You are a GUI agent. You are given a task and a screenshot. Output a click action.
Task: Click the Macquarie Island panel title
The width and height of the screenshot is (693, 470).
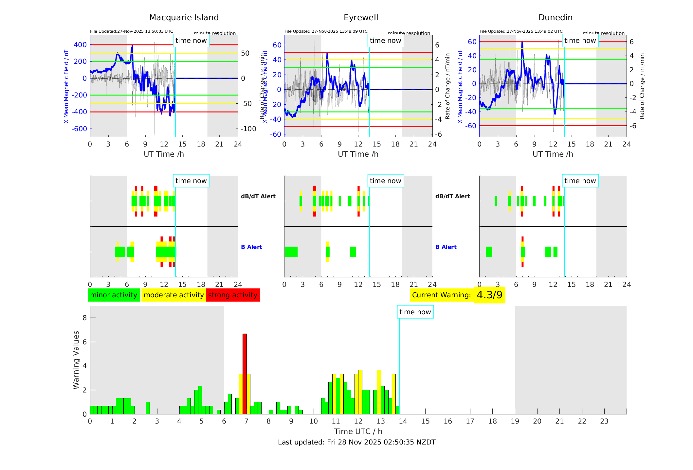(x=184, y=18)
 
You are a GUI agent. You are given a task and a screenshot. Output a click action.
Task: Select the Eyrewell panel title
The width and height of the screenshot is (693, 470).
(x=361, y=18)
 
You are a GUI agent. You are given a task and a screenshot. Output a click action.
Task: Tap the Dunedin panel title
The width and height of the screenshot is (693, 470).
(x=555, y=18)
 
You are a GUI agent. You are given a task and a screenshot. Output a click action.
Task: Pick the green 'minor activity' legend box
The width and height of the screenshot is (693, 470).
(x=114, y=295)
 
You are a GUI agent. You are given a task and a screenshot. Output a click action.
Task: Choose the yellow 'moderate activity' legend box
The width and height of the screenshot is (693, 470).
(x=173, y=295)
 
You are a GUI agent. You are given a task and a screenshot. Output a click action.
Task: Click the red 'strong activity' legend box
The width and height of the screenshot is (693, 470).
(x=233, y=295)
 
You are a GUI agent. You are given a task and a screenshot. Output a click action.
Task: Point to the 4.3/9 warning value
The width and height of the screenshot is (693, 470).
(x=489, y=295)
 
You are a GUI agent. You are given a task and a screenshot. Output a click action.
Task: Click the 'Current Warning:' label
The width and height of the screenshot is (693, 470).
(x=441, y=295)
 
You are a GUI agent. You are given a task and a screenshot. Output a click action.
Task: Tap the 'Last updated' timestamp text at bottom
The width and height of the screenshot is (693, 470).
(x=356, y=442)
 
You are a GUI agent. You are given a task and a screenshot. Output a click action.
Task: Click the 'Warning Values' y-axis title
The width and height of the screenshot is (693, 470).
(x=76, y=360)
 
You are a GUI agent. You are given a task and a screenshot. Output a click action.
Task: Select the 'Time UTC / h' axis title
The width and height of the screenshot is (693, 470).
(x=358, y=431)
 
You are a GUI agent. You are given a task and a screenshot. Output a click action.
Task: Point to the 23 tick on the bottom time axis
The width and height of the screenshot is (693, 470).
(x=604, y=421)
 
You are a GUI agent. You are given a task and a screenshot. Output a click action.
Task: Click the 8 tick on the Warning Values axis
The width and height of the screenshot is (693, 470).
(x=85, y=318)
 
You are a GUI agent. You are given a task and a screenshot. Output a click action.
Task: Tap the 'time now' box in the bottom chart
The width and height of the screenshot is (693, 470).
(x=415, y=312)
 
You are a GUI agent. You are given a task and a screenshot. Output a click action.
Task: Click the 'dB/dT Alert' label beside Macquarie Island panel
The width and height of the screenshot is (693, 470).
(x=258, y=196)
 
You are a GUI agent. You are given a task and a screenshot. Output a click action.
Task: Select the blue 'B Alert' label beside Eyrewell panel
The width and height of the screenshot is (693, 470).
(x=446, y=247)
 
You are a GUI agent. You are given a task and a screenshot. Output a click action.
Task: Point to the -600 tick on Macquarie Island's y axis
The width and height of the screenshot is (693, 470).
(x=80, y=129)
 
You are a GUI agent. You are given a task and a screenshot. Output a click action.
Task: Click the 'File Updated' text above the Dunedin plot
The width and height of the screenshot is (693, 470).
(x=521, y=31)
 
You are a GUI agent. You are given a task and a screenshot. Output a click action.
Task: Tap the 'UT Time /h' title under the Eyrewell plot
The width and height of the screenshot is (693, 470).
(x=358, y=154)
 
